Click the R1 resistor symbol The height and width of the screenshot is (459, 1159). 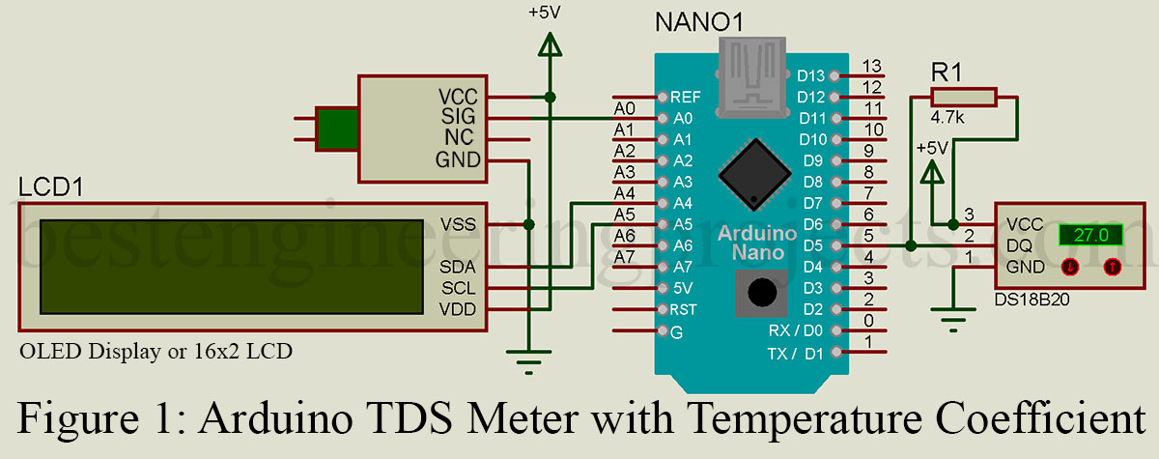pos(963,97)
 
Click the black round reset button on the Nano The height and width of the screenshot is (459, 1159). pos(763,291)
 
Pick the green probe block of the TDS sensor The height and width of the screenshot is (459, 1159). pos(337,129)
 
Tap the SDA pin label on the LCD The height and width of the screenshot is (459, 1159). pos(459,267)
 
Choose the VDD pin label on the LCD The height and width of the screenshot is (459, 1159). pos(459,309)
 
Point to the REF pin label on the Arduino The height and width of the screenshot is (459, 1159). pos(685,97)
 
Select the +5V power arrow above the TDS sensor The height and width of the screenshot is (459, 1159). pos(550,46)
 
